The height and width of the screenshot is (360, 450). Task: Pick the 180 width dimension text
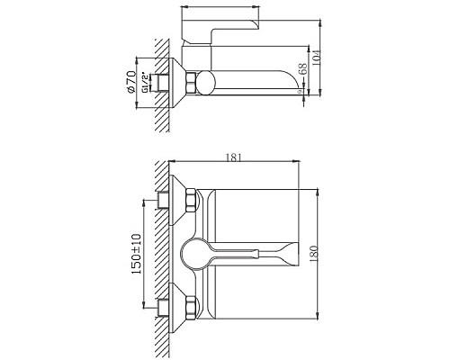coord(327,254)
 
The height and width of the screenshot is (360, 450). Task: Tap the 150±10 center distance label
coord(135,254)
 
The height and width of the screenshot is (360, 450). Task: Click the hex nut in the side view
coord(191,85)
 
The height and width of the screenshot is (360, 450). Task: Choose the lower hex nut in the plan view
coord(191,305)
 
